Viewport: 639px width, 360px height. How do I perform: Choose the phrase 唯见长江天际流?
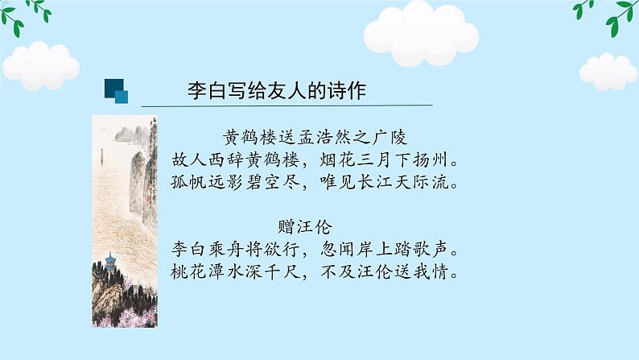point(380,183)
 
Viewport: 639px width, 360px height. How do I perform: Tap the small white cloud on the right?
point(608,70)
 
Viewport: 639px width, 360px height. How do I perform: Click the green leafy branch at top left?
point(28,12)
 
